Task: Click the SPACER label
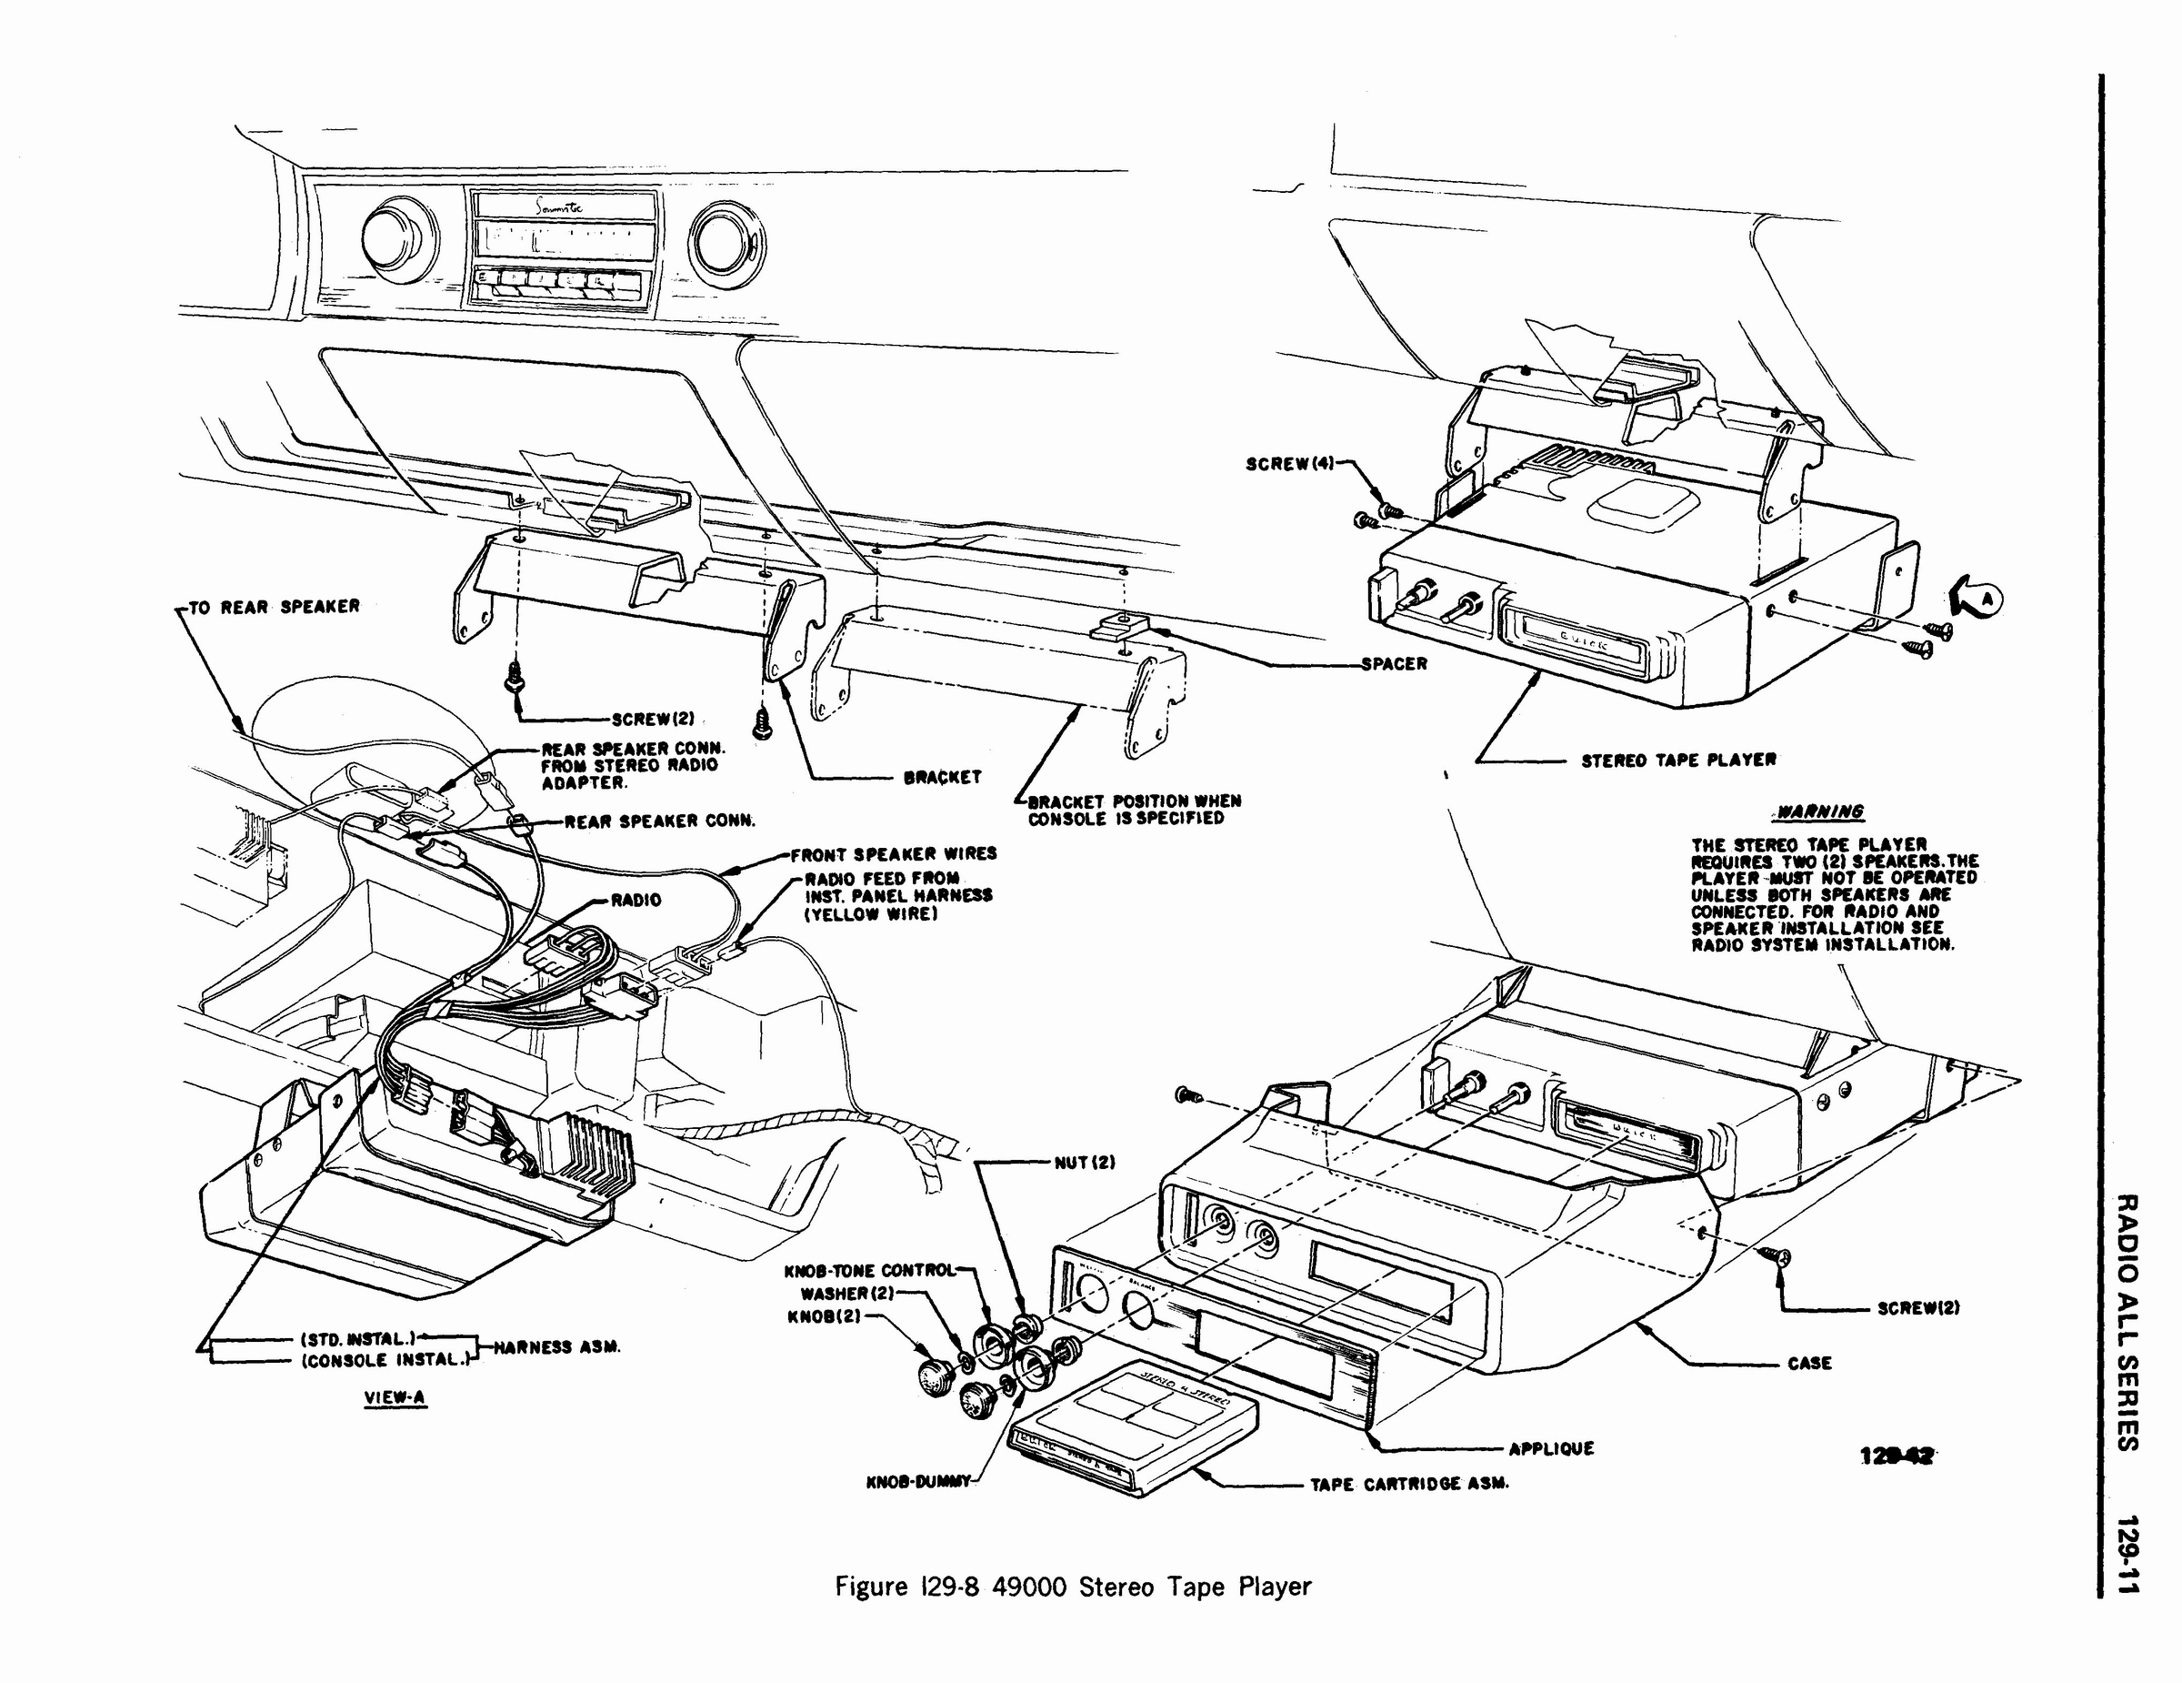(1394, 663)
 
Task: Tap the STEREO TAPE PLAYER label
(1678, 760)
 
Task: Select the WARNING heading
(1826, 811)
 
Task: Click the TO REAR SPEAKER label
(274, 607)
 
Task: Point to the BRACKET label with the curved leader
(942, 777)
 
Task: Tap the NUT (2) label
(1084, 1163)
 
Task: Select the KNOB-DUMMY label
(918, 1482)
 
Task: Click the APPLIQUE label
(1552, 1448)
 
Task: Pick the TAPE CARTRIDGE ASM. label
(1408, 1484)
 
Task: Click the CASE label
(1809, 1362)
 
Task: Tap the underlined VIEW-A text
(396, 1397)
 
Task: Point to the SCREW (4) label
(1290, 464)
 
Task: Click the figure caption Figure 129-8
(1073, 1586)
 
